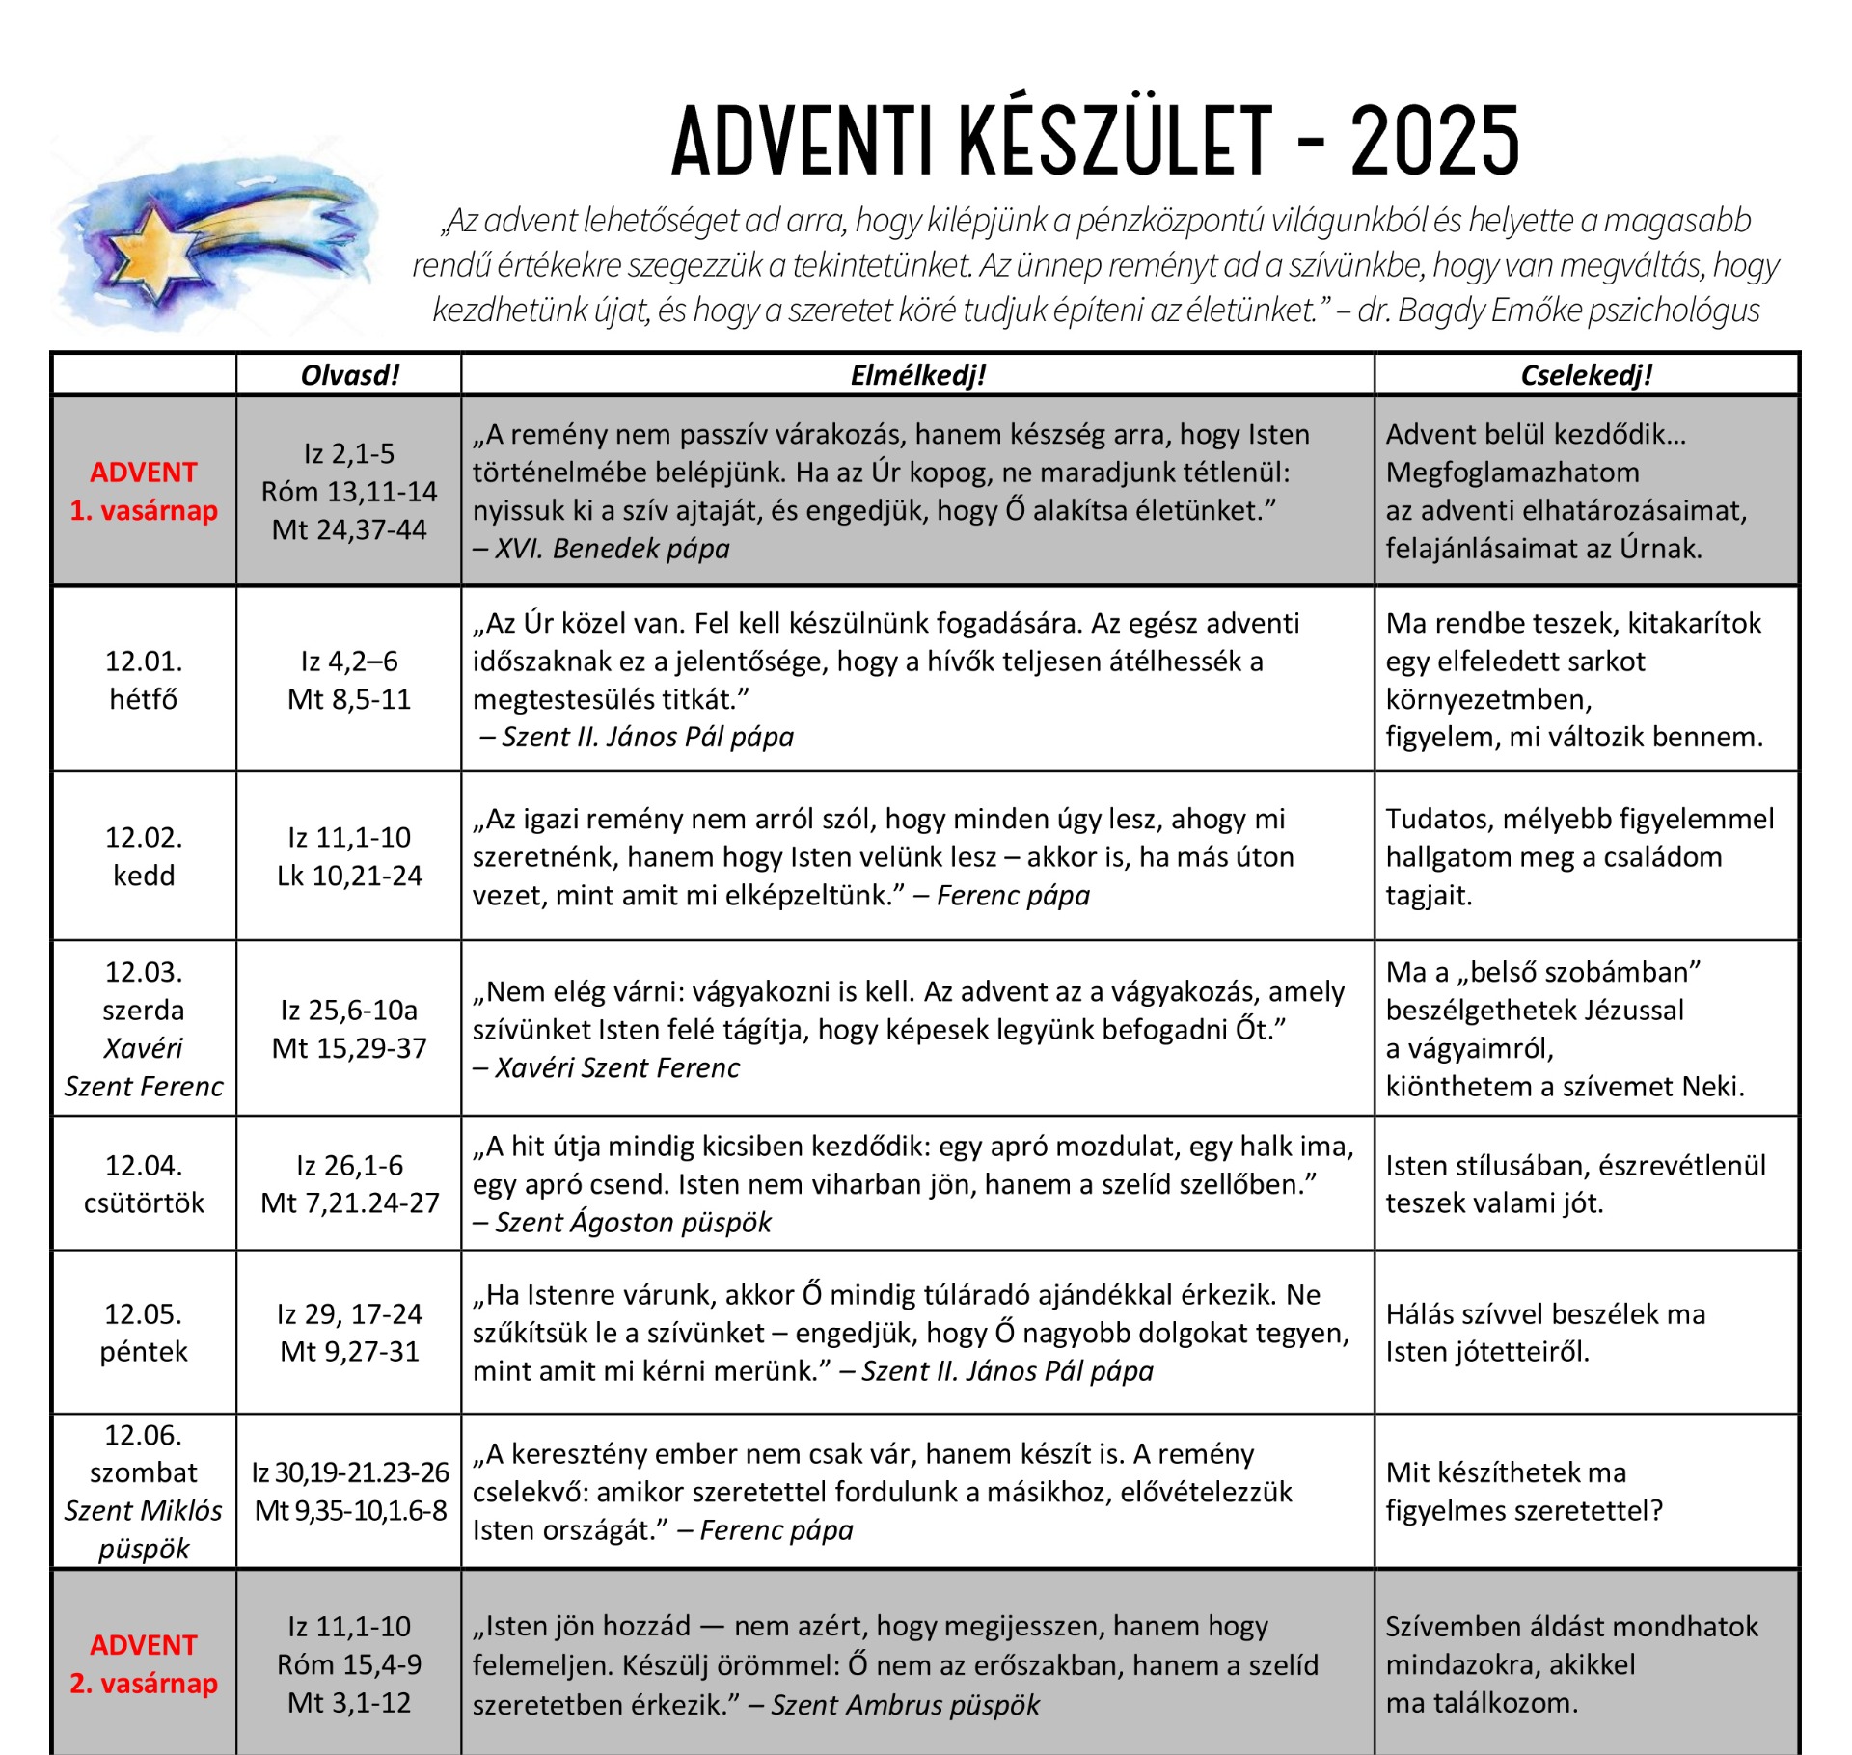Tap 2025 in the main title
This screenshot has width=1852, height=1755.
click(x=1434, y=142)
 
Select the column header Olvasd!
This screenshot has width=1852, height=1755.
click(x=349, y=375)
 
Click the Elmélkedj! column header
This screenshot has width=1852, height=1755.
click(x=917, y=375)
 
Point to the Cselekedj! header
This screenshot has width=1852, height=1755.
click(x=1587, y=375)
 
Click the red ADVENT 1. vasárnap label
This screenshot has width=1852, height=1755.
click(x=144, y=491)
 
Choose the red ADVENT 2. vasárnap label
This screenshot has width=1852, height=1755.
click(x=144, y=1663)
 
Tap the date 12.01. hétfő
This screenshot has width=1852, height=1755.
click(x=144, y=680)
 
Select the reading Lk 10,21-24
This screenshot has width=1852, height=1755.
click(x=349, y=876)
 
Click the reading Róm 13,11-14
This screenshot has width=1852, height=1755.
click(x=349, y=492)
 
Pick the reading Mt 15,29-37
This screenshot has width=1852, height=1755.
click(x=349, y=1048)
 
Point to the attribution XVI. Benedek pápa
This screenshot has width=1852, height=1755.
click(x=612, y=549)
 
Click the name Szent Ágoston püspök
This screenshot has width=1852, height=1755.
click(x=633, y=1223)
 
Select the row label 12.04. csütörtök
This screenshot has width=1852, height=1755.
click(x=144, y=1184)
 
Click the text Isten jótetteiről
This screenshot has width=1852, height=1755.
click(x=1487, y=1352)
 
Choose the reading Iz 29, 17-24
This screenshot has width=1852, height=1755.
click(x=349, y=1313)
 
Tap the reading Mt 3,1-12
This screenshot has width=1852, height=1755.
click(x=349, y=1703)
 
